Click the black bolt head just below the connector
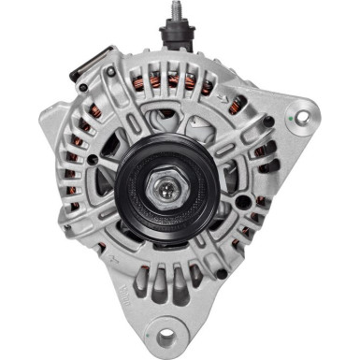tap(83, 90)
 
